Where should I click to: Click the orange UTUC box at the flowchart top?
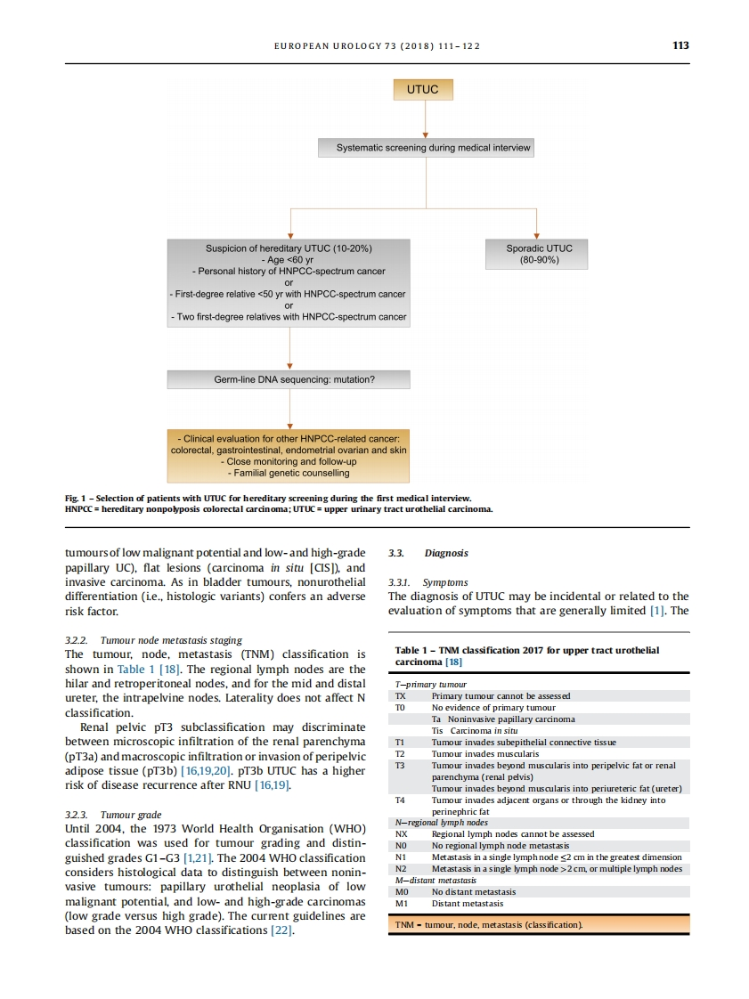tap(423, 90)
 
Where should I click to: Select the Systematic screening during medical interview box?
tap(426, 148)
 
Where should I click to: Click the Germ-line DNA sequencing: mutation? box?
tap(289, 379)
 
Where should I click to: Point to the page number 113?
tap(680, 45)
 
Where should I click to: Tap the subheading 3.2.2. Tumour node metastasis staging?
tap(153, 640)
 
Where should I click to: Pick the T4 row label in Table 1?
tap(400, 800)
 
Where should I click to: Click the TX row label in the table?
tap(400, 695)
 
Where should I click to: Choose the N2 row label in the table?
tap(401, 868)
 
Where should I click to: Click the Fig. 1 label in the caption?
tap(75, 498)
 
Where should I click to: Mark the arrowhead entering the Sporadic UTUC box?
tap(536, 234)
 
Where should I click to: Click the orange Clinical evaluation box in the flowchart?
tap(289, 455)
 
